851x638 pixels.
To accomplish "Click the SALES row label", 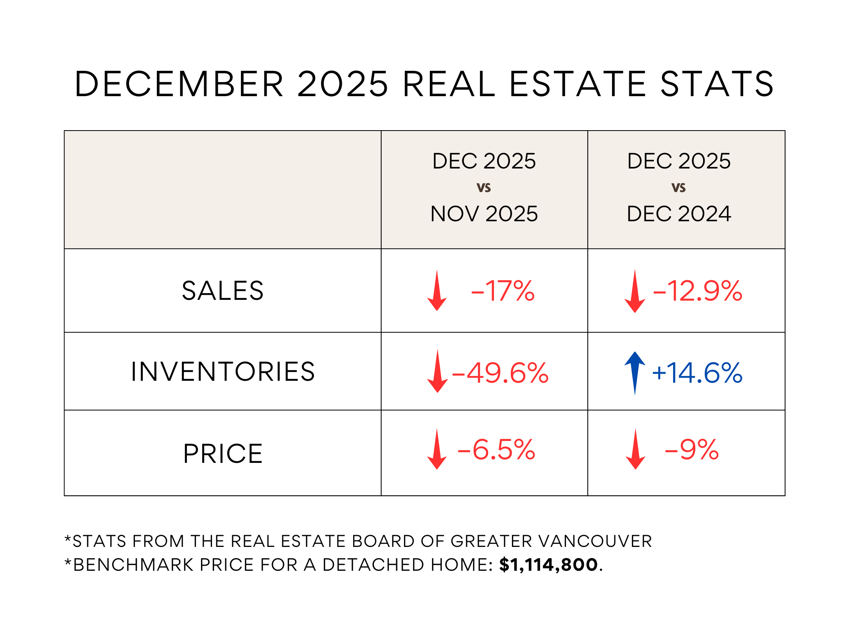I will pyautogui.click(x=223, y=291).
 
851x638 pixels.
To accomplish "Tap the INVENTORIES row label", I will pyautogui.click(x=223, y=371).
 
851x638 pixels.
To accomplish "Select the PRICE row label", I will pyautogui.click(x=223, y=454).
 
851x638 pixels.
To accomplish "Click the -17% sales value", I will pyautogui.click(x=503, y=291).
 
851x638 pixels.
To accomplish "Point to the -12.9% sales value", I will pyautogui.click(x=697, y=291).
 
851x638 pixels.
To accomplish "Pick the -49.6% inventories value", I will pyautogui.click(x=500, y=373).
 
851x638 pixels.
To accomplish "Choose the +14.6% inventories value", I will pyautogui.click(x=697, y=373).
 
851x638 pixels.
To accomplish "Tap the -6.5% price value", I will pyautogui.click(x=496, y=450).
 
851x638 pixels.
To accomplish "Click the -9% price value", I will pyautogui.click(x=691, y=450).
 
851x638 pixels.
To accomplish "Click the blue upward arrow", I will pyautogui.click(x=635, y=371).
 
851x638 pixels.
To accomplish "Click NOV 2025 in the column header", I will pyautogui.click(x=484, y=214).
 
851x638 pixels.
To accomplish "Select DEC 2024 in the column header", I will pyautogui.click(x=679, y=214).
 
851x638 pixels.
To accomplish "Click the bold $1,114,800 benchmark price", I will pyautogui.click(x=548, y=565).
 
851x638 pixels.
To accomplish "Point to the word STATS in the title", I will pyautogui.click(x=717, y=84).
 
